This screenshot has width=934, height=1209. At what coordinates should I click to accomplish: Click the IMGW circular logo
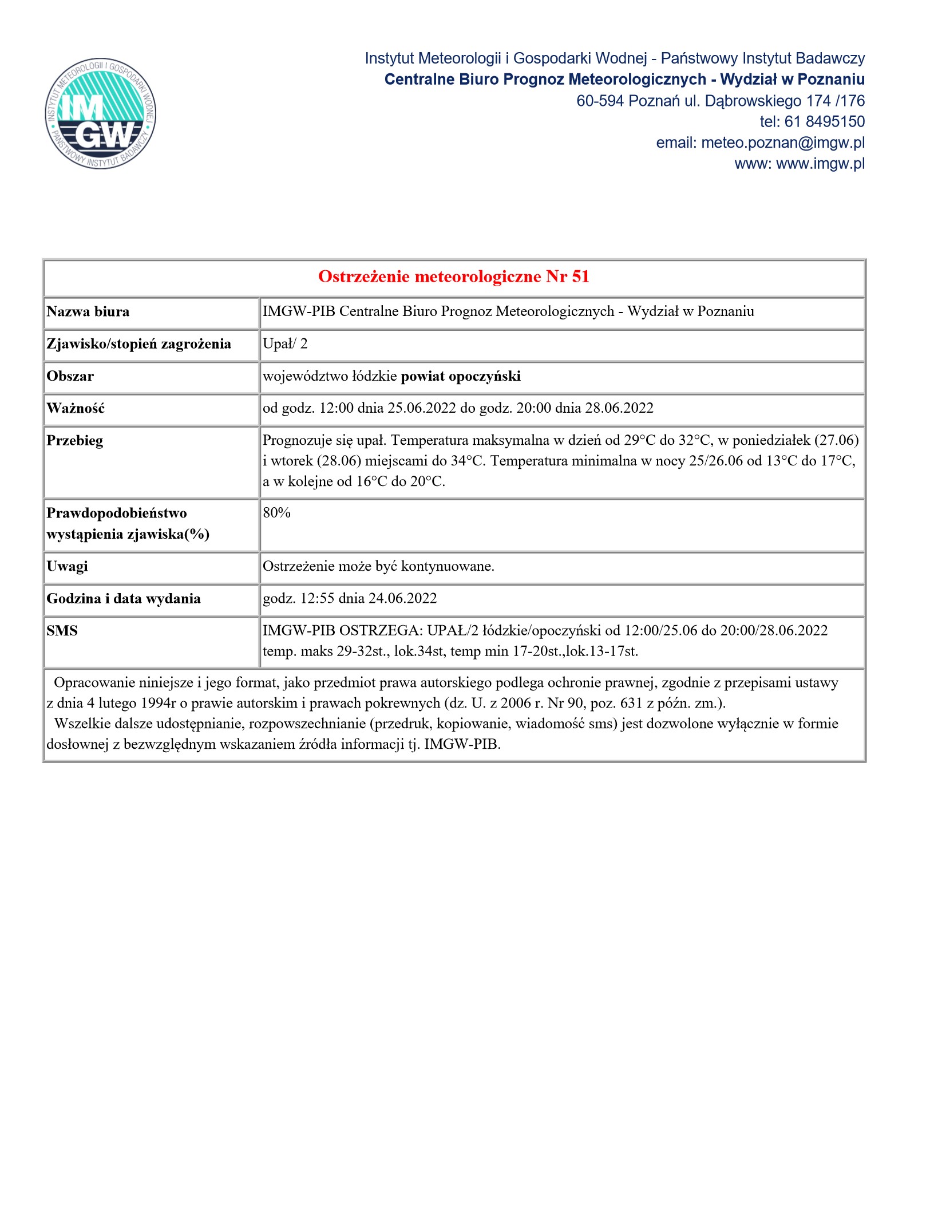tap(101, 114)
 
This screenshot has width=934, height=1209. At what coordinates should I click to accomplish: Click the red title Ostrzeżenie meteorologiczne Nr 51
tap(453, 277)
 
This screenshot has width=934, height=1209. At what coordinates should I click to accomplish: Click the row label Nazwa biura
tap(88, 312)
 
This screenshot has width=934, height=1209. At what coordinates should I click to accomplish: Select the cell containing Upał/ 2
tap(285, 344)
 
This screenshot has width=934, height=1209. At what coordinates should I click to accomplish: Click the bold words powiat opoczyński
tap(461, 377)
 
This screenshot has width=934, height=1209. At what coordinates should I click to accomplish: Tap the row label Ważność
tap(76, 409)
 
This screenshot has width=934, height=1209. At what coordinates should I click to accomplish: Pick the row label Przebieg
tap(75, 441)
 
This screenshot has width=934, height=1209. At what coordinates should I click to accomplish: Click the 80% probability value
tap(277, 513)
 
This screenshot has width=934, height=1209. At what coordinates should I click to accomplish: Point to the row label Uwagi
tap(68, 566)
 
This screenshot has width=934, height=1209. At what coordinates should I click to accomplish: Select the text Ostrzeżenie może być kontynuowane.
tap(378, 567)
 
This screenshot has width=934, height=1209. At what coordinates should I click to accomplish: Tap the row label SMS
tap(62, 631)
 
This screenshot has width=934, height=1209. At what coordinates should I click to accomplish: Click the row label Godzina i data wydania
tap(124, 599)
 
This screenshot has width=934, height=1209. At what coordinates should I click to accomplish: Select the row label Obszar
tap(70, 377)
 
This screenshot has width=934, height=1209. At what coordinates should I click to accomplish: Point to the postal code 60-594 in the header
tap(600, 101)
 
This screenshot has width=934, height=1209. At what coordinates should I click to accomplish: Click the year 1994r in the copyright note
tap(158, 703)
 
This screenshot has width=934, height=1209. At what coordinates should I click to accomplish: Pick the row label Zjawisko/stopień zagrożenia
tap(139, 344)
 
